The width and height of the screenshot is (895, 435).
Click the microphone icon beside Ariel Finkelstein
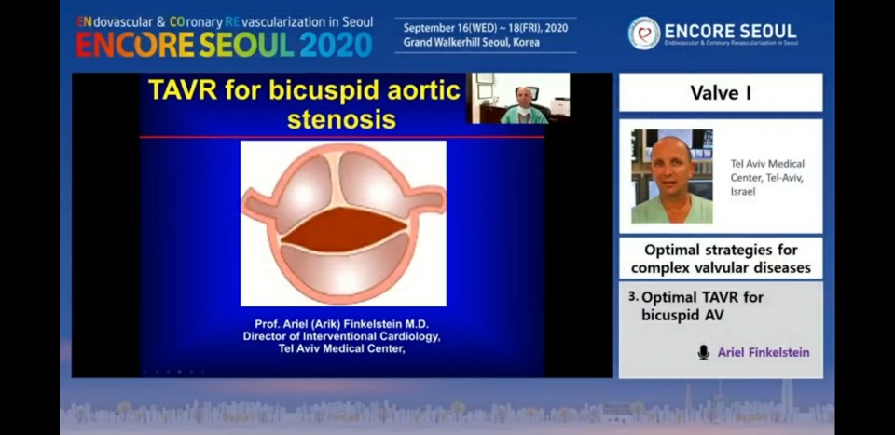[703, 352]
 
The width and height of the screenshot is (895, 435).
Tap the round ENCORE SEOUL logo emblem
[644, 33]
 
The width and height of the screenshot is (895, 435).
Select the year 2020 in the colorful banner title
[337, 45]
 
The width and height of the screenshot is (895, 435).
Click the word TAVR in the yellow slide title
[182, 90]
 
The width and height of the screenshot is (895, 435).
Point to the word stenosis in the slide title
[341, 119]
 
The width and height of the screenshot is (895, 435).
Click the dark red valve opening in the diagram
[344, 229]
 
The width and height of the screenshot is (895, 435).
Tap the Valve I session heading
[721, 92]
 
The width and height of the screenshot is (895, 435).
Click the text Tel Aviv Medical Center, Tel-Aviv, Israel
[767, 178]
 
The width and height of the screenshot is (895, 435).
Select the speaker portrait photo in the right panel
[672, 176]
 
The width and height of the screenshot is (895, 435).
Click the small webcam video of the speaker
[518, 98]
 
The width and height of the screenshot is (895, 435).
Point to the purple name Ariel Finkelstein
[764, 352]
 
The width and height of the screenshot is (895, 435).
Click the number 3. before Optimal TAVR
[632, 296]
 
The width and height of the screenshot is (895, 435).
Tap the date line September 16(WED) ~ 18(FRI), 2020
[486, 28]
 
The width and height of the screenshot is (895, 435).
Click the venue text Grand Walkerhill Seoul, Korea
[472, 42]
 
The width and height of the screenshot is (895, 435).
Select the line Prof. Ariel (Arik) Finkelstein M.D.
[342, 324]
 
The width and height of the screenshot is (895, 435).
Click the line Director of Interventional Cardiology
[342, 336]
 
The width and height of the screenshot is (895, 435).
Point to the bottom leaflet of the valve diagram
[344, 270]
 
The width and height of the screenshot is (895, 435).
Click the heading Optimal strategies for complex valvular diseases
[721, 259]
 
